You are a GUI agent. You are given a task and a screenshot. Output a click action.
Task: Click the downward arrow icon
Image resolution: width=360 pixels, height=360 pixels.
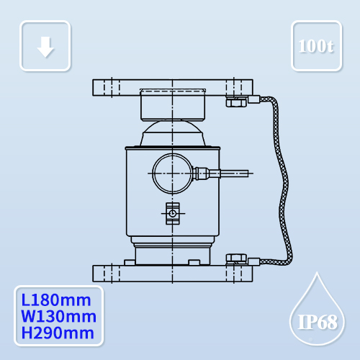pos(45,46)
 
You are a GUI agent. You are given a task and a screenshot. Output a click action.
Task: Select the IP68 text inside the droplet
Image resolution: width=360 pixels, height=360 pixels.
pos(317,321)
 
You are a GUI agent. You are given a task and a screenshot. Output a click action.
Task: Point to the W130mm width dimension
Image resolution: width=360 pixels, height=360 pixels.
pos(58,317)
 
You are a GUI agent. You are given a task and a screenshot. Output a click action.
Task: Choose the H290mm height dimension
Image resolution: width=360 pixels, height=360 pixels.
pos(58,333)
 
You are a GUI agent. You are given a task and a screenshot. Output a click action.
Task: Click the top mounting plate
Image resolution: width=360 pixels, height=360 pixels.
pos(173,87)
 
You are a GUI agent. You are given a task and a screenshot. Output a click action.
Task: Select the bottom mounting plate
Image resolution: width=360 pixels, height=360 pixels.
pos(173,274)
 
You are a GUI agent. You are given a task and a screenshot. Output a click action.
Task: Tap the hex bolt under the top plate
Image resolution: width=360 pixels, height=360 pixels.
pos(235,102)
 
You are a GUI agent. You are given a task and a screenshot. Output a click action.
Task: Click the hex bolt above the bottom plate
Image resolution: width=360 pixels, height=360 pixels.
pos(235,258)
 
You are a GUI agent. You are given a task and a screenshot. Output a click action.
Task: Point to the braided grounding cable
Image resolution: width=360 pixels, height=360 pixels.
pos(285,180)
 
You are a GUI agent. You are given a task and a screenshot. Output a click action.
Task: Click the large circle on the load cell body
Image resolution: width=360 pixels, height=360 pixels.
pos(171,173)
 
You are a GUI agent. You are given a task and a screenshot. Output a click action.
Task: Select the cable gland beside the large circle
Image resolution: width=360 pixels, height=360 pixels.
pos(203,173)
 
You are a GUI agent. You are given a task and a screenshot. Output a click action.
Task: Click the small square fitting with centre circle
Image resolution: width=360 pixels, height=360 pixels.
pos(172,213)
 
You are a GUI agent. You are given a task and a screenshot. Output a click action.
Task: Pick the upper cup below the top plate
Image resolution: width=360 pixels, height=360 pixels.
pos(173,107)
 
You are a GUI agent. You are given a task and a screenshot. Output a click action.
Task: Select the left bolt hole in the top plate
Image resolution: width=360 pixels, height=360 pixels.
pos(108,87)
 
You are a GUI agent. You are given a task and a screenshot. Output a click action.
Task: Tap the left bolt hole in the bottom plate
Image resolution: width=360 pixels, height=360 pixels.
pos(108,274)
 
